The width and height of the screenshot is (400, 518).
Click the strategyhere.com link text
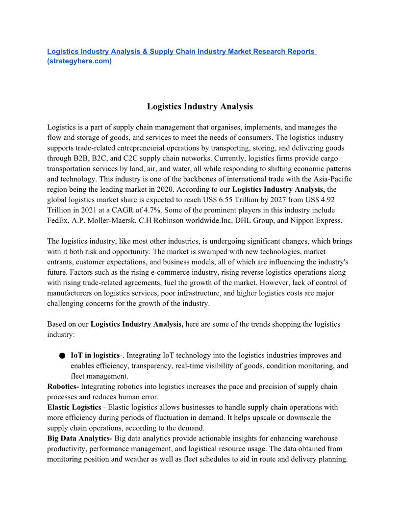coord(79,61)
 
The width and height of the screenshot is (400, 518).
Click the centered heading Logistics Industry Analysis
coord(200,106)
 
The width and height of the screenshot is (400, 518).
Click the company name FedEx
coord(58,220)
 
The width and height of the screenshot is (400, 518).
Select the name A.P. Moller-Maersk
coord(104,220)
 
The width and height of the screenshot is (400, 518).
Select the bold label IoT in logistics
coord(95,355)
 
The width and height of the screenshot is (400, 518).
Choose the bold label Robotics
coord(62,387)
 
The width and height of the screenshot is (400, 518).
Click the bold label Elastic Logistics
coord(75,407)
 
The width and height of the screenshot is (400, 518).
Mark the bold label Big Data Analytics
coord(78,439)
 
